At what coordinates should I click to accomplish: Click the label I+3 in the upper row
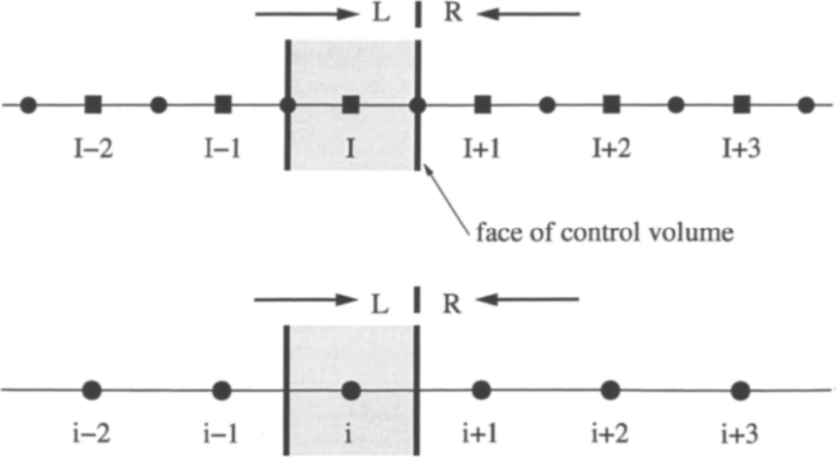(741, 148)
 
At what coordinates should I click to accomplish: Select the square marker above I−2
(93, 105)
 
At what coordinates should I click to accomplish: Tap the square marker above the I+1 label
(483, 105)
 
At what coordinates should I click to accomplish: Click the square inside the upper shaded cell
(350, 105)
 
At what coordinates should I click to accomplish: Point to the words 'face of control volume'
(604, 233)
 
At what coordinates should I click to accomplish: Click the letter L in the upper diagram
(381, 13)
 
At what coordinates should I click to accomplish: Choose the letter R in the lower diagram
(452, 304)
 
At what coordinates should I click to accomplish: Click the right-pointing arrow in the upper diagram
(307, 14)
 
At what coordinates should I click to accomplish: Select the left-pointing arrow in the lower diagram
(528, 300)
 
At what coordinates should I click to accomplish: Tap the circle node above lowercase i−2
(92, 390)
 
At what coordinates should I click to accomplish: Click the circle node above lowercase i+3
(740, 391)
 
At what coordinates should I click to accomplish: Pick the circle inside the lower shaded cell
(350, 391)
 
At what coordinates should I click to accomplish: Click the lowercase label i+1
(479, 435)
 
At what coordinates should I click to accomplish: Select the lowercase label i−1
(220, 435)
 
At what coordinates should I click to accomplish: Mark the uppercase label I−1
(222, 148)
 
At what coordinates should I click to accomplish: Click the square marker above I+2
(612, 105)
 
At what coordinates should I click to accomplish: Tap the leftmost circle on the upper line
(28, 105)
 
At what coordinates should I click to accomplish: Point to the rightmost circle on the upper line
(806, 105)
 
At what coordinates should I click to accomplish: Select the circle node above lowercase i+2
(610, 391)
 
